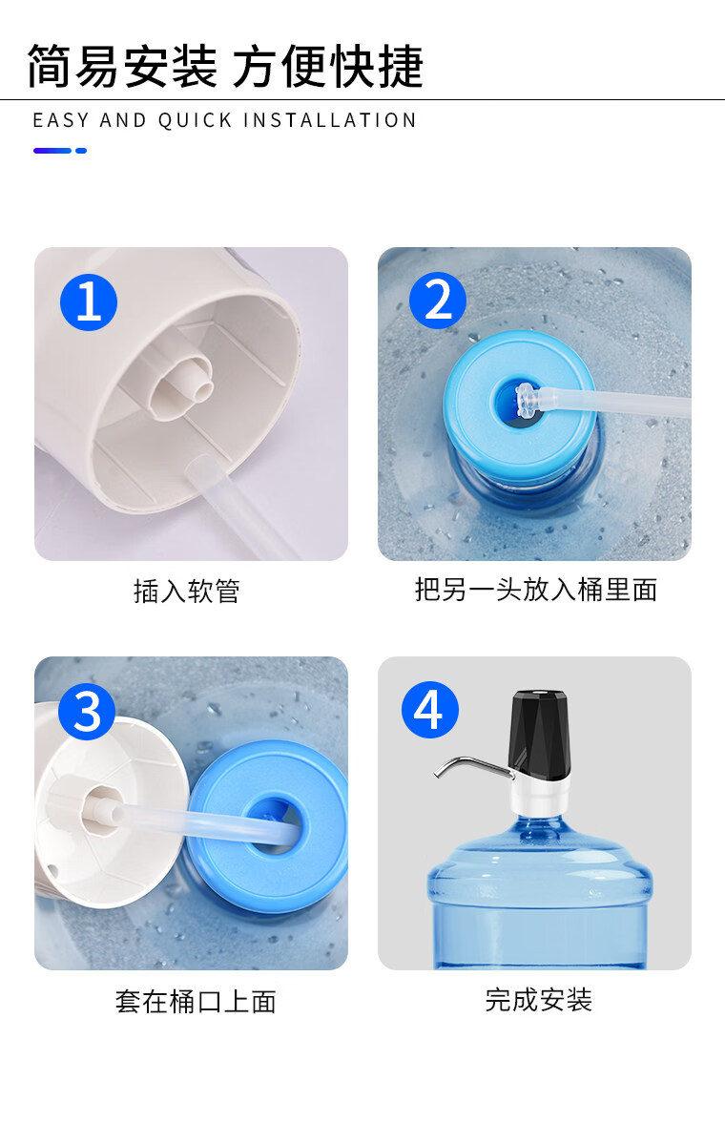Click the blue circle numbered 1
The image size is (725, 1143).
[x=89, y=301]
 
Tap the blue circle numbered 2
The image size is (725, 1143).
[x=438, y=300]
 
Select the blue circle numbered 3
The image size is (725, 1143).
[x=87, y=712]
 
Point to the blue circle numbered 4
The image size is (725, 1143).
[x=430, y=709]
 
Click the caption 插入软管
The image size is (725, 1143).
[x=187, y=591]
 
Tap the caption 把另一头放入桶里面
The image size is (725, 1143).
[x=536, y=589]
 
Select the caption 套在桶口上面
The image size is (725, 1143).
[x=196, y=1002]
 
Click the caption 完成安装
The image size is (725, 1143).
[x=538, y=999]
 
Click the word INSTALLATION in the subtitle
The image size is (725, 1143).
[x=329, y=120]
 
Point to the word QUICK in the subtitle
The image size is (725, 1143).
[x=196, y=120]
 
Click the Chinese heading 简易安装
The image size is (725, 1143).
[x=122, y=67]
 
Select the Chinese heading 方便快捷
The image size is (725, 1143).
[x=328, y=67]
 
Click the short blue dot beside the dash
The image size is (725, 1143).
[x=81, y=151]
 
